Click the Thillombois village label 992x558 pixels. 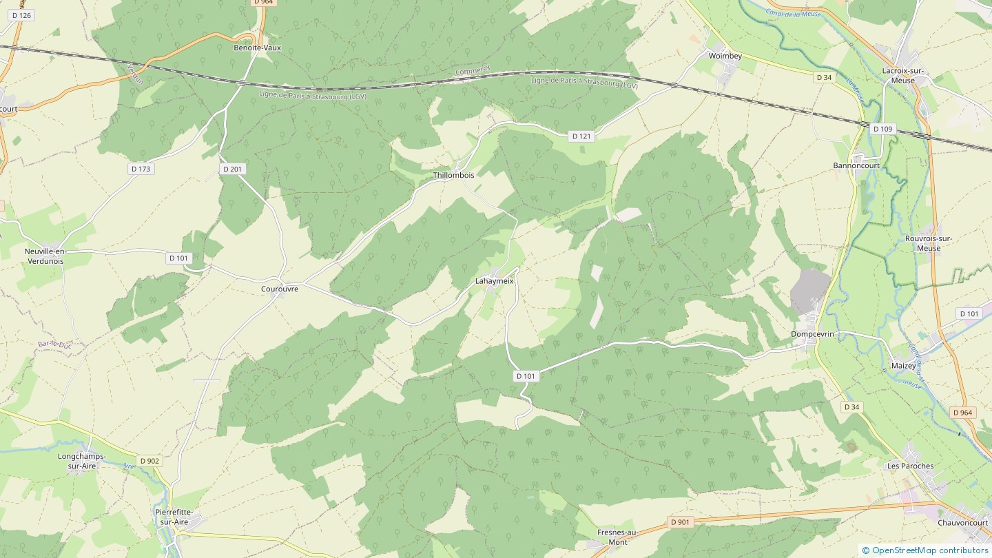click(x=453, y=176)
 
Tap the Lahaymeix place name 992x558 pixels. click(x=495, y=281)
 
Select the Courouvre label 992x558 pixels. click(x=280, y=289)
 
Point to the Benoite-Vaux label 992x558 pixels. click(x=258, y=48)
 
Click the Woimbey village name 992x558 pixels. click(x=725, y=54)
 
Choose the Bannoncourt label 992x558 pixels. click(x=858, y=166)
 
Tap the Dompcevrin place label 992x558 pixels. click(x=812, y=334)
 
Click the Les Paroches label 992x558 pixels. click(x=910, y=466)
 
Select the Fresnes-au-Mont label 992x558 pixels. click(x=618, y=537)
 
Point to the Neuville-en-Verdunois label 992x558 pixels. click(x=44, y=256)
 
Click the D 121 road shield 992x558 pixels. click(x=581, y=136)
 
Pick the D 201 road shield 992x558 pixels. click(x=233, y=169)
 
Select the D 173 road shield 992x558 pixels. click(x=141, y=169)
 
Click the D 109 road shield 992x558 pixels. click(x=882, y=129)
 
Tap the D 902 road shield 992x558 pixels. click(x=149, y=461)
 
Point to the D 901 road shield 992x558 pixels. click(x=680, y=522)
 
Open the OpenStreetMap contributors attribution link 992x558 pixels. click(x=929, y=550)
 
